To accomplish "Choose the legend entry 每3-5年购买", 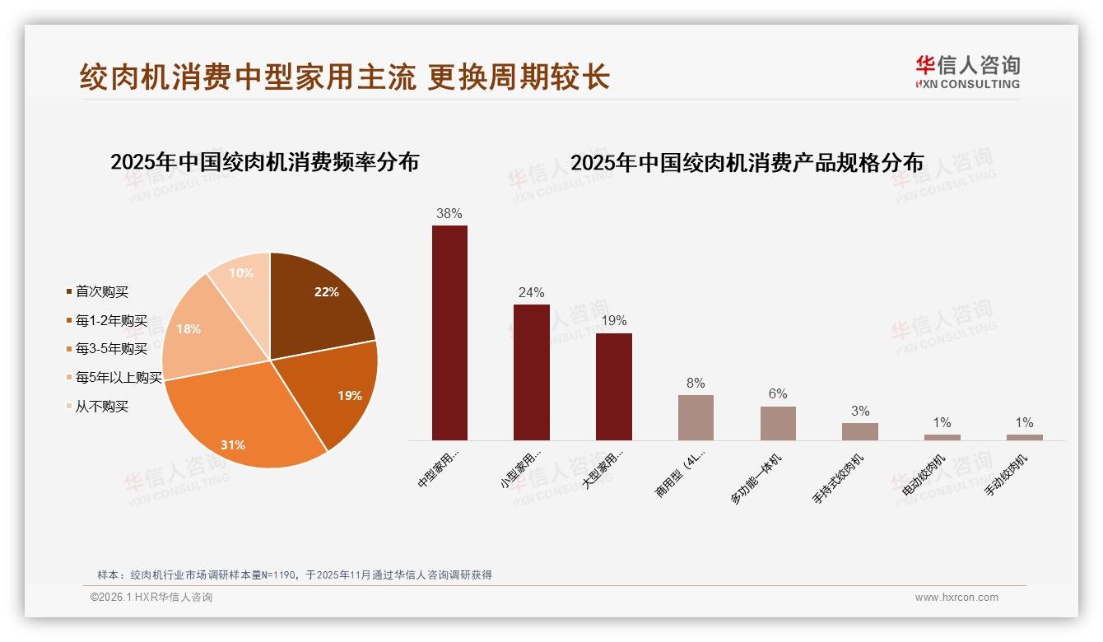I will [x=110, y=349].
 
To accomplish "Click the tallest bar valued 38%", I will [x=449, y=333].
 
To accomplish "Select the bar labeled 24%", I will [x=531, y=372].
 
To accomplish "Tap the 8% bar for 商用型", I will [x=696, y=417].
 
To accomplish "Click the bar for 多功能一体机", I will [x=778, y=423].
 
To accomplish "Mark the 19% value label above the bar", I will [x=614, y=320].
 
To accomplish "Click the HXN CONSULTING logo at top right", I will [x=968, y=72].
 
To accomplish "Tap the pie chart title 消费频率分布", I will [x=264, y=162].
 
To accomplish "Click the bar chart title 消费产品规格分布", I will [x=747, y=163].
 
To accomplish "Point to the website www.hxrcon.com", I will [x=956, y=598].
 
